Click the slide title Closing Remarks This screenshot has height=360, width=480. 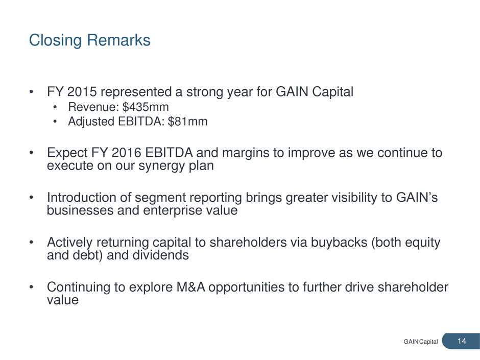90,40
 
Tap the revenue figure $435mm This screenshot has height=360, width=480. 146,107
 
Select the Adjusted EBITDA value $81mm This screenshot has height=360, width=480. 187,122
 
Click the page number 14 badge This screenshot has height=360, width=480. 461,341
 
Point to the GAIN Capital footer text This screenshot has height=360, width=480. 421,342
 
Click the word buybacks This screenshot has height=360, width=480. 339,242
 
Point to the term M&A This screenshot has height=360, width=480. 190,287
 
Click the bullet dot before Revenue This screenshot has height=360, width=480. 55,107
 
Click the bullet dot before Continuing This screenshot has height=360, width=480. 31,287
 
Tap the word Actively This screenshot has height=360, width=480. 70,243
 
